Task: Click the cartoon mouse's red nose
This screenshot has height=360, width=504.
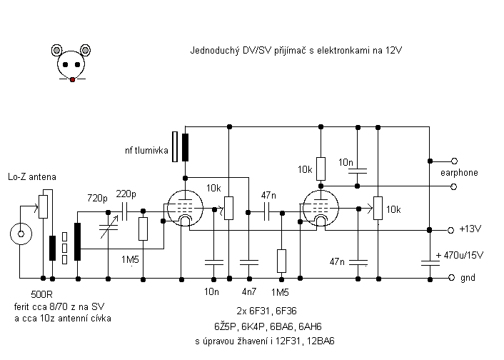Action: [x=72, y=78]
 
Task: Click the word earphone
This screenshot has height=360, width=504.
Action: [x=460, y=173]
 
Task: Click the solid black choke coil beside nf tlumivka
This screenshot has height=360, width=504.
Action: [x=186, y=147]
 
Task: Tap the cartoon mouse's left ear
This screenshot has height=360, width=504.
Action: [x=59, y=50]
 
